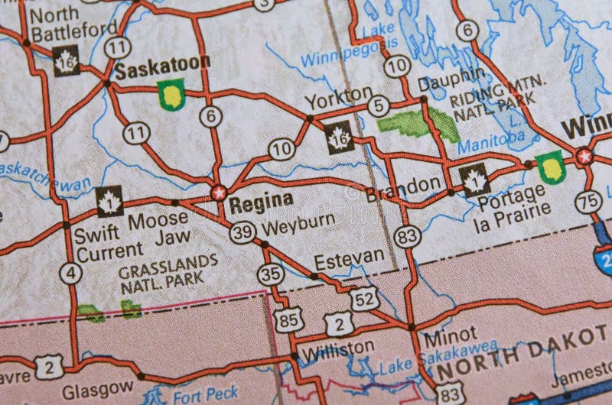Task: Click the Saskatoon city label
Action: click(162, 68)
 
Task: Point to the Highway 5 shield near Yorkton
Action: click(378, 106)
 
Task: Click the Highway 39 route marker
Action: click(243, 232)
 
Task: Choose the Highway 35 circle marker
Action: click(270, 273)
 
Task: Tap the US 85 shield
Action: click(289, 319)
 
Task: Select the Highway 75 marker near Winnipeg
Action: click(588, 202)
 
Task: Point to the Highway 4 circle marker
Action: click(70, 273)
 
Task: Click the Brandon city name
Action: click(403, 185)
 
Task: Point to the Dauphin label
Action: click(451, 75)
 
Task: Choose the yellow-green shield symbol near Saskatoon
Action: click(171, 95)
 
